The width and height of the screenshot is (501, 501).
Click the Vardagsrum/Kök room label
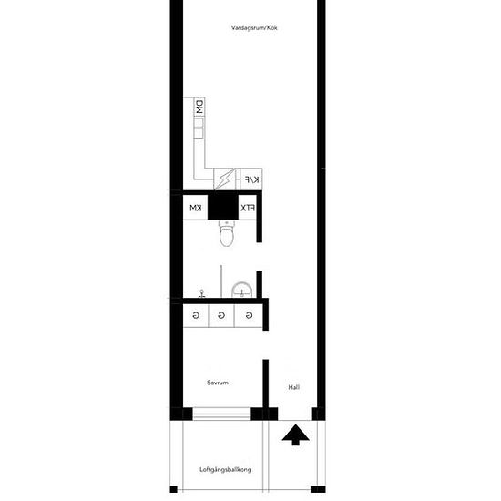tap(254, 28)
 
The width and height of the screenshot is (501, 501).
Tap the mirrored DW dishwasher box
tap(199, 107)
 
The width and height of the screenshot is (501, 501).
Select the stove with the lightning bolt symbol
tap(225, 179)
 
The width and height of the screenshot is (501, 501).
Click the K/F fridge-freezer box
tap(251, 179)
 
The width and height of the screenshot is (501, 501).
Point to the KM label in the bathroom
tap(196, 208)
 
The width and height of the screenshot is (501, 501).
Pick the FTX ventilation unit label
tap(248, 208)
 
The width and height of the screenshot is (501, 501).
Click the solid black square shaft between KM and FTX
tap(223, 207)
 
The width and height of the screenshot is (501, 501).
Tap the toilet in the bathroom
tap(227, 233)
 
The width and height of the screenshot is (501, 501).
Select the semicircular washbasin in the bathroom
tap(242, 290)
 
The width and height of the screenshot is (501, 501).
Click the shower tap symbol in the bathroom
tap(201, 293)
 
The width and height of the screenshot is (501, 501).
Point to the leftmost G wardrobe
tap(196, 316)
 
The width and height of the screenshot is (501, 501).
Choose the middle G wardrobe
tap(221, 316)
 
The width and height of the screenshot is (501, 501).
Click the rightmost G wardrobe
tap(249, 316)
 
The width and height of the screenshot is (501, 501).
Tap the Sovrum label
tap(218, 383)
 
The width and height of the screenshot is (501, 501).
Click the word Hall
tap(294, 387)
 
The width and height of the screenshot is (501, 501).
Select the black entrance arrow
tap(295, 435)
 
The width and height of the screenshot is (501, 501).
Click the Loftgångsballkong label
tap(226, 470)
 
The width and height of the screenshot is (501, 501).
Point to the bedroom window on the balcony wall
tap(221, 414)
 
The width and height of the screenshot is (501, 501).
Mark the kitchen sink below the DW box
tap(199, 128)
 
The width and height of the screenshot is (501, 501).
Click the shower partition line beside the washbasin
tap(220, 281)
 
